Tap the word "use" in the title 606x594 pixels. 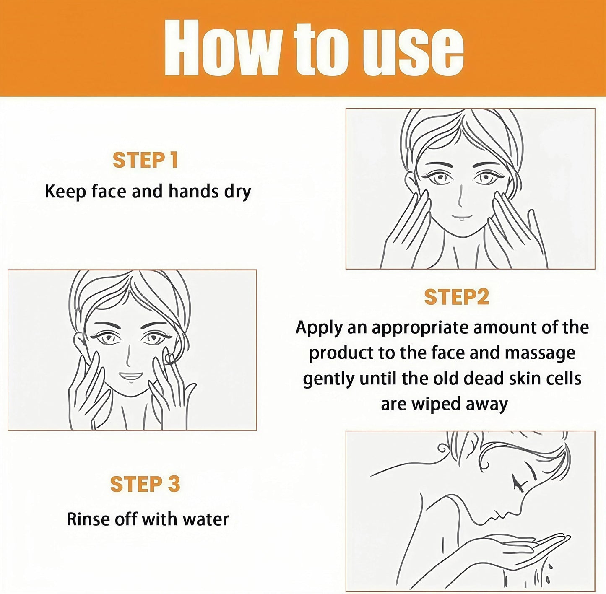[x=413, y=52]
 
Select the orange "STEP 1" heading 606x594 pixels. [x=145, y=160]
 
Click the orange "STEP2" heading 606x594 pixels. [x=457, y=297]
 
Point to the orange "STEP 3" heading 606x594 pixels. [x=145, y=484]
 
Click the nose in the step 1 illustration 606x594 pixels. [x=460, y=195]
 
